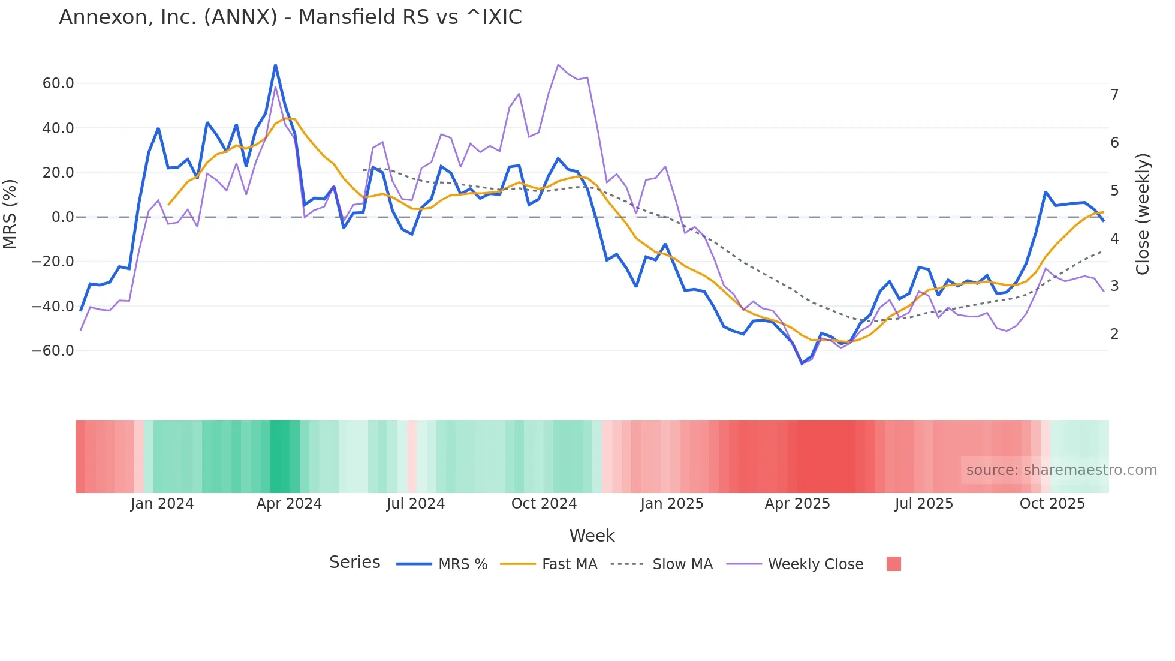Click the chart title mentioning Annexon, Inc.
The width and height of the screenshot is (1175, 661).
click(x=290, y=17)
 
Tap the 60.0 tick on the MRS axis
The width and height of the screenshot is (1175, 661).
click(x=58, y=83)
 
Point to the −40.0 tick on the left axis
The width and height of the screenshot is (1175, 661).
click(x=53, y=306)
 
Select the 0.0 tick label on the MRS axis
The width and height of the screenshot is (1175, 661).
click(x=63, y=217)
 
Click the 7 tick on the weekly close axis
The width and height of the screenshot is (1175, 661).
click(x=1114, y=95)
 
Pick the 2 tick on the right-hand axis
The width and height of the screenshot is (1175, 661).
click(x=1114, y=334)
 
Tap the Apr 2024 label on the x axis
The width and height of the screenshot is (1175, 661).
click(x=289, y=504)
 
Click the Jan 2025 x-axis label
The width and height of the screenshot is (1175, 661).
click(x=671, y=504)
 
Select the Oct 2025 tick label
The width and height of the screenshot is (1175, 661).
click(x=1052, y=504)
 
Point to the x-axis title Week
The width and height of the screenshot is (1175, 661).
click(x=592, y=536)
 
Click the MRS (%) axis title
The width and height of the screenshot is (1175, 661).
click(x=10, y=214)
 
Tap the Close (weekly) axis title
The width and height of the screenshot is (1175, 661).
click(x=1143, y=214)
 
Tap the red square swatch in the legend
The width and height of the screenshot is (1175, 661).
click(x=893, y=564)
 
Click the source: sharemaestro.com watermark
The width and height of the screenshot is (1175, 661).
click(x=1061, y=470)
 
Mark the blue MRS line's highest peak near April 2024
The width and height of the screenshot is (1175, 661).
click(x=275, y=65)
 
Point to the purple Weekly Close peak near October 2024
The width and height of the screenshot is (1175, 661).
click(x=558, y=65)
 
